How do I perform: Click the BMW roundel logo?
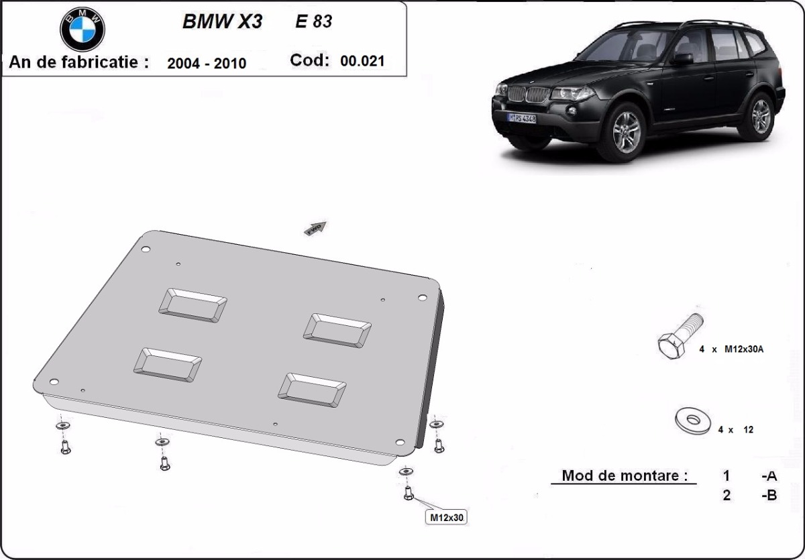(83, 29)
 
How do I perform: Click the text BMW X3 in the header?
(222, 21)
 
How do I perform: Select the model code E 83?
(314, 21)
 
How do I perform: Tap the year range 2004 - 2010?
(207, 63)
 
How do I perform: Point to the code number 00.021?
(362, 61)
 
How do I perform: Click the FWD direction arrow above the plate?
(316, 228)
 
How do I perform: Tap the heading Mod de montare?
(625, 475)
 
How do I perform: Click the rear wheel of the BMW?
(760, 115)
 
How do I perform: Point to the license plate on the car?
(521, 119)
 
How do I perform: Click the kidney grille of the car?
(527, 94)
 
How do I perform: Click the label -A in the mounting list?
(769, 475)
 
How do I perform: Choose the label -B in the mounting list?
(769, 497)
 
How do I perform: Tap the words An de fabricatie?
(78, 62)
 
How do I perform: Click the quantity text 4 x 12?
(735, 430)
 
